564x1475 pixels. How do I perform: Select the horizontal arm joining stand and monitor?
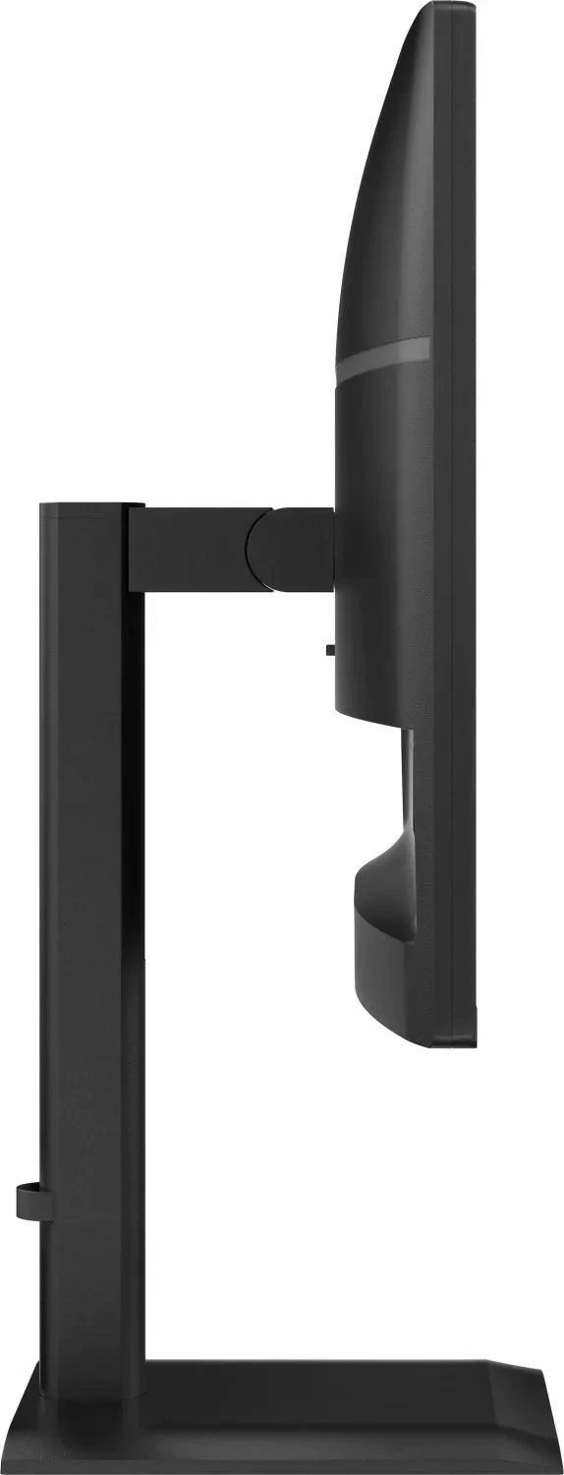[x=197, y=549]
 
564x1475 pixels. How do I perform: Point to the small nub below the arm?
[x=329, y=649]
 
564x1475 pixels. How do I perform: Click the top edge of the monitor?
[x=447, y=6]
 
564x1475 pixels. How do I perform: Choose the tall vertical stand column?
[x=84, y=885]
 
